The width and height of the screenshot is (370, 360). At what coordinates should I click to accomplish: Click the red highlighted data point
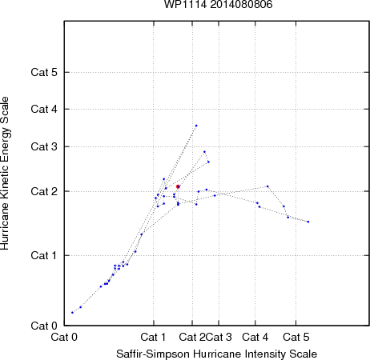tap(178, 186)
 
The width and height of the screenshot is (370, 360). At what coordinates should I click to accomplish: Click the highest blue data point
tap(196, 126)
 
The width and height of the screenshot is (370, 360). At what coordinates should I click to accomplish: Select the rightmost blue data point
tap(308, 222)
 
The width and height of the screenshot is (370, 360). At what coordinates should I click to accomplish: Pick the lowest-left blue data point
tap(72, 312)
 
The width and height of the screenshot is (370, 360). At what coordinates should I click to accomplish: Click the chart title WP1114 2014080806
tap(218, 5)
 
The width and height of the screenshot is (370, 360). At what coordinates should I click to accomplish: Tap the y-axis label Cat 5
tap(44, 72)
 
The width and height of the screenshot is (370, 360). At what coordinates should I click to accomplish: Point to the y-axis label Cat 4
tap(44, 109)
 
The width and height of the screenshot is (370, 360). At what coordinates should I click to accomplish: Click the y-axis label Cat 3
tap(44, 146)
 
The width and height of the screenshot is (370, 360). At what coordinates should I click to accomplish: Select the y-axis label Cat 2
tap(44, 191)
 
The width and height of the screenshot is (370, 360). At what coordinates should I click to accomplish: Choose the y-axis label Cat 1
tap(44, 255)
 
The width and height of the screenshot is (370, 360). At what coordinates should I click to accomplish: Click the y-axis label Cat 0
tap(44, 326)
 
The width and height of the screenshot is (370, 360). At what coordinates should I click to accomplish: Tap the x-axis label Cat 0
tap(64, 337)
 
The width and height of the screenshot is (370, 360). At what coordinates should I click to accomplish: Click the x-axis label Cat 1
tap(153, 337)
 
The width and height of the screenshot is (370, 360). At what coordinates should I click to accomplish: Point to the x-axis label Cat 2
tap(192, 337)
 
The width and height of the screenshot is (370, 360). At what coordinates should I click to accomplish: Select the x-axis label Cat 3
tap(219, 337)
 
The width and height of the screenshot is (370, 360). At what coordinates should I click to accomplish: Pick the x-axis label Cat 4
tap(255, 337)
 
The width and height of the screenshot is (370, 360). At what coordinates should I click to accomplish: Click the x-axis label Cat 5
tap(296, 337)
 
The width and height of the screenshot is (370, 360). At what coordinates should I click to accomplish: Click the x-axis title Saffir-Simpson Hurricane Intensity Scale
tap(217, 354)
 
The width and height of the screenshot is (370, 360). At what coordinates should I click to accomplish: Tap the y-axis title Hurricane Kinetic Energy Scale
tap(5, 174)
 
